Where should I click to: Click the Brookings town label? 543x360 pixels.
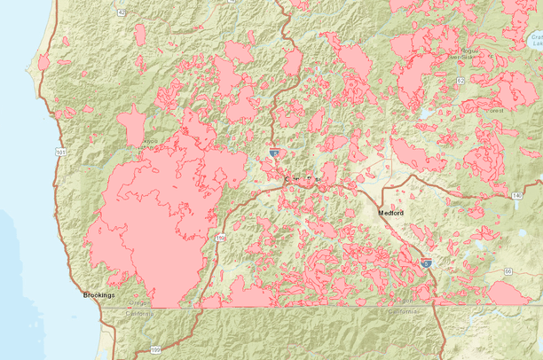98,294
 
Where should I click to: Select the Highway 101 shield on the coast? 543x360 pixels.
59,153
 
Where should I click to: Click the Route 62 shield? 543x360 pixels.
460,81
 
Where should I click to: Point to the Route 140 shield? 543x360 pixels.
516,194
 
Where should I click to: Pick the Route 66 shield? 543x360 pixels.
508,270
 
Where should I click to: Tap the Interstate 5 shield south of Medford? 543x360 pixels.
427,263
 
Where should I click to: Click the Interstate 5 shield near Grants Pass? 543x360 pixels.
274,153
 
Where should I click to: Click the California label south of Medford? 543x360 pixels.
400,313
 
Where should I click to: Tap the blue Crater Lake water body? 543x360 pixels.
535,40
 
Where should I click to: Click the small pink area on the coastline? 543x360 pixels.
44,61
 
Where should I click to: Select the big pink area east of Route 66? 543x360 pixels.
508,293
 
